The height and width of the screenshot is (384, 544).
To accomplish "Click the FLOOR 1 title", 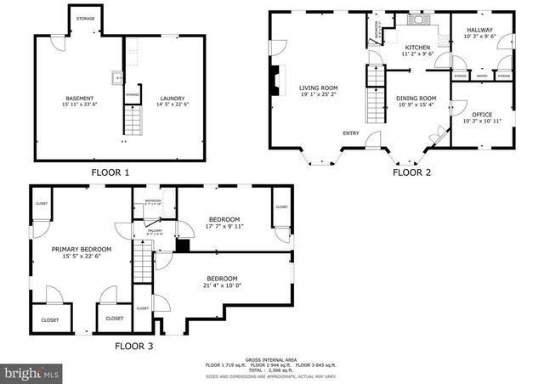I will tap(110, 172).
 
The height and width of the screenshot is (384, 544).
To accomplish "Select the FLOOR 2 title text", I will tap(411, 172).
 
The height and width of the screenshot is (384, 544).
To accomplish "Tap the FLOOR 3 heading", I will tap(135, 346).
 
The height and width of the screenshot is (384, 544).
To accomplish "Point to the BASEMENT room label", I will tap(80, 99).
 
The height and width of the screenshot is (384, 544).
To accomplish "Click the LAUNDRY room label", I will tap(172, 99).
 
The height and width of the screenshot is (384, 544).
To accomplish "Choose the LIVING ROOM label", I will tap(318, 88).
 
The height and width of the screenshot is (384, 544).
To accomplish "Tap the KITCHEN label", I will tap(417, 48).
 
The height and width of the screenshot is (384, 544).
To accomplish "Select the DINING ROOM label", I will tap(416, 99).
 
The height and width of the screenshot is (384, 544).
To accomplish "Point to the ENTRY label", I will tap(350, 133).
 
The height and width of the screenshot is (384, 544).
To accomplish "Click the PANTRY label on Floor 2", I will tap(482, 76).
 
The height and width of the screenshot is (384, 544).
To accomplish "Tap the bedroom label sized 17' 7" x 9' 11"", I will tap(225, 220).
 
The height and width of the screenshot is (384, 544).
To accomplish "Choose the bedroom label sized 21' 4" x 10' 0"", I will tap(222, 280).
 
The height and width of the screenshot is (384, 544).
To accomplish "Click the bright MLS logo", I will tap(32, 371).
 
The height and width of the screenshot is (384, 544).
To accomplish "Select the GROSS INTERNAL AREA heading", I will tap(271, 359).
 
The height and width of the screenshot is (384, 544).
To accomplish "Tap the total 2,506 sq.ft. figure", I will tap(271, 370).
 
